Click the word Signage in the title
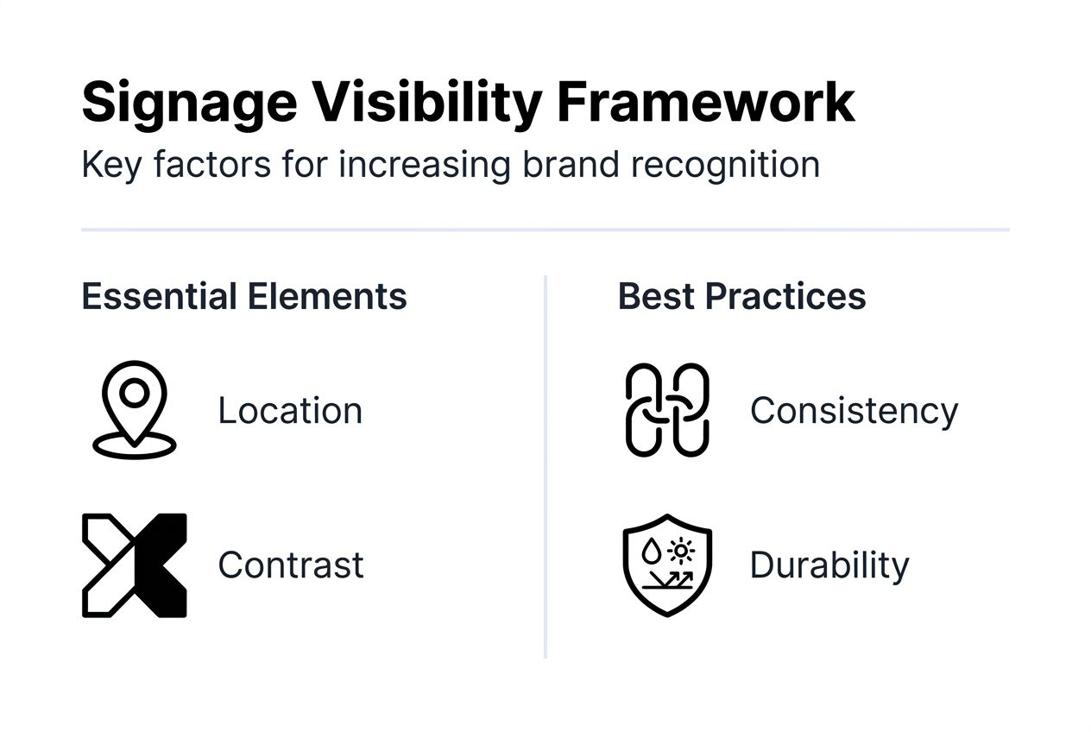pos(189,103)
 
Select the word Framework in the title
pos(705,103)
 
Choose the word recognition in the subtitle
pos(725,164)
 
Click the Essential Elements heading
pos(244,296)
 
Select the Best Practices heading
pos(741,296)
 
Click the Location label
pos(290,410)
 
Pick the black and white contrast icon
pos(134,565)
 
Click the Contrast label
pos(291,565)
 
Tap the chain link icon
pos(666,409)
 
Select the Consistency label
pos(854,410)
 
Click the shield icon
pos(666,565)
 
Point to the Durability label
pos(829,565)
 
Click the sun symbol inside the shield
pos(683,549)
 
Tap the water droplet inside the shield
pos(653,550)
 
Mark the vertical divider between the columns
pos(545,466)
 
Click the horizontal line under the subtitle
pos(545,230)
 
